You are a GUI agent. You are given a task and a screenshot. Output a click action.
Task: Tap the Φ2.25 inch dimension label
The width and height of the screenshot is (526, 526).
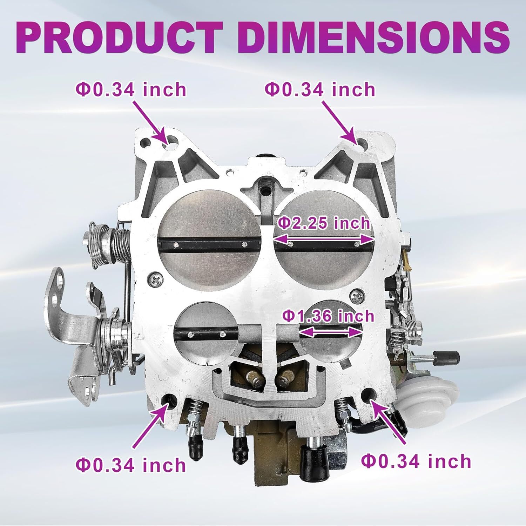[324, 223]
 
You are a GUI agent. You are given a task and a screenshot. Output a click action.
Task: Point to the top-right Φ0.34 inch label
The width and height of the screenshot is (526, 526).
[320, 89]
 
